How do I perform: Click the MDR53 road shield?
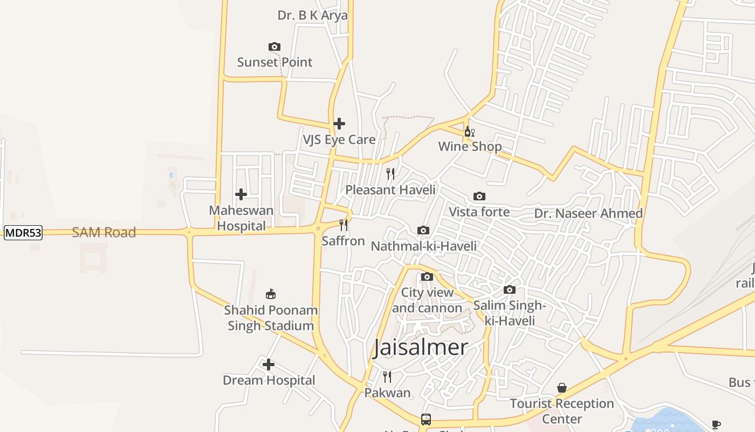(23, 233)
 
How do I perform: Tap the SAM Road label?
(104, 233)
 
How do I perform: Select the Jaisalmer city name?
(421, 347)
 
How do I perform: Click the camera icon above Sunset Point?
(274, 47)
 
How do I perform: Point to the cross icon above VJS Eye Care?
(339, 124)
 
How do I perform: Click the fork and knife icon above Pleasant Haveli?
(390, 174)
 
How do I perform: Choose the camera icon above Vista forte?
(479, 196)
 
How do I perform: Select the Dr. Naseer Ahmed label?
(588, 214)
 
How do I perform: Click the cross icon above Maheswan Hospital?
(241, 194)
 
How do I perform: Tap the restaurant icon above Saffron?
(344, 225)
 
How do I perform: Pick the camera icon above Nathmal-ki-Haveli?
(423, 231)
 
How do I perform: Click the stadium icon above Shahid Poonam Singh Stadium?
(271, 294)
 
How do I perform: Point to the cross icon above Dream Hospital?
(269, 364)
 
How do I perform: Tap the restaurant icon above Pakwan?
(387, 377)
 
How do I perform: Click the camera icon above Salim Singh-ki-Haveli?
(510, 290)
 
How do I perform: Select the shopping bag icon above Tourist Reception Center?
(562, 388)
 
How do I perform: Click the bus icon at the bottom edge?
(426, 419)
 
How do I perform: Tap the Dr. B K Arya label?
(313, 15)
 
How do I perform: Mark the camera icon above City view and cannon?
(427, 277)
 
